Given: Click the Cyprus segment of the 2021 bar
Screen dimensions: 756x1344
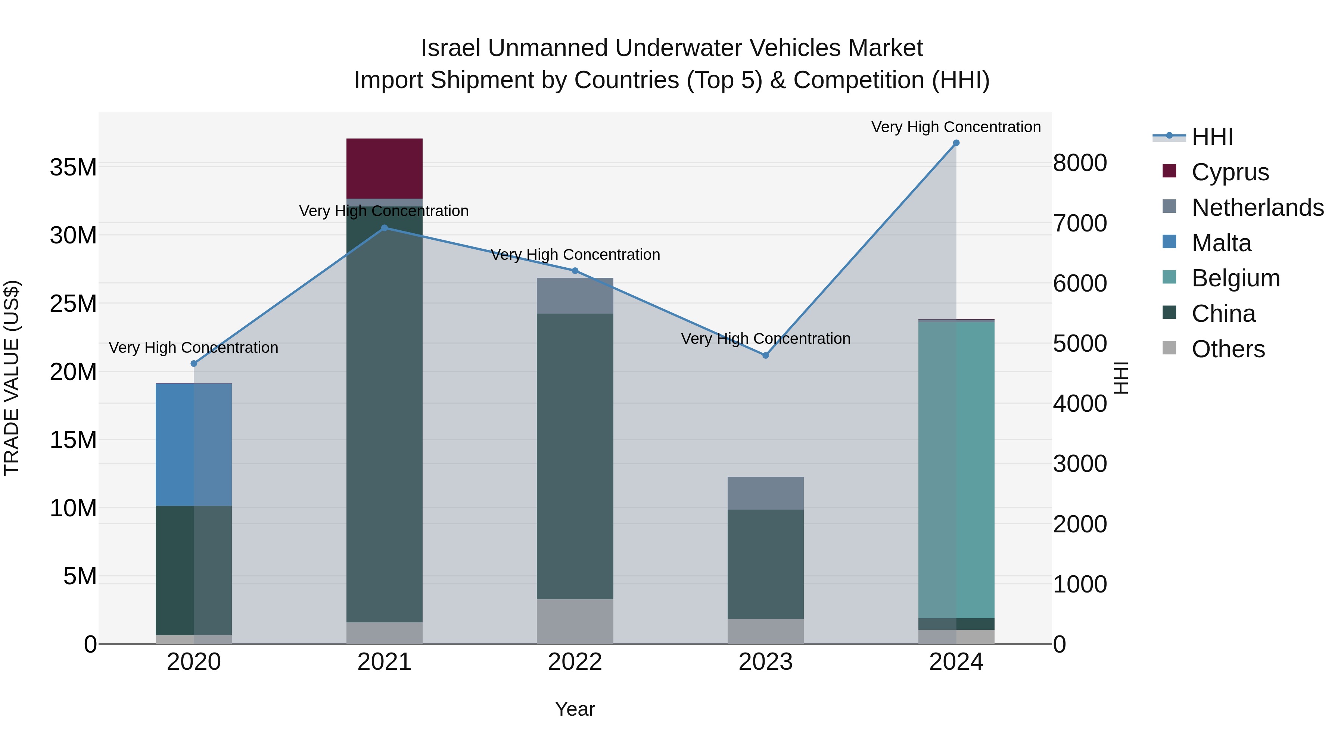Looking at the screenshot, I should [385, 168].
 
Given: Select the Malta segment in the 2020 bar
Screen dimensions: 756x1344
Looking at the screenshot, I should [193, 445].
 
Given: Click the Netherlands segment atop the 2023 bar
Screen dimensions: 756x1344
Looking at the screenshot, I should [765, 493].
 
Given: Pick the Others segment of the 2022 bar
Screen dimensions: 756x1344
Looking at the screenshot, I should [575, 621].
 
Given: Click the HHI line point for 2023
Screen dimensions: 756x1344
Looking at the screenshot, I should [765, 355].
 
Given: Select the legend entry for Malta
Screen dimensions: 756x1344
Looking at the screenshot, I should [1221, 243].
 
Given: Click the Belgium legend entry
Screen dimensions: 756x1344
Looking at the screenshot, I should [1235, 278].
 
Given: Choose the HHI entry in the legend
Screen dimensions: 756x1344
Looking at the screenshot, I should [1211, 137].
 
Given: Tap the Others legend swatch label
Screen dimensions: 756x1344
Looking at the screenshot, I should [1228, 349].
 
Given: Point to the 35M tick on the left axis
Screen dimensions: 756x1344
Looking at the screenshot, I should [73, 168].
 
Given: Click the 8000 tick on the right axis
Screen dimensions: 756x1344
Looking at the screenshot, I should [1079, 163].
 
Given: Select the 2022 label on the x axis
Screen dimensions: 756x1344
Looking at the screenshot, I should [575, 662].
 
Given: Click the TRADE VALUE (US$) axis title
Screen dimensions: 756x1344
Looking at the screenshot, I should [12, 378].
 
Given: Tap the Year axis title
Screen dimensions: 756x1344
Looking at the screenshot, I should [575, 709].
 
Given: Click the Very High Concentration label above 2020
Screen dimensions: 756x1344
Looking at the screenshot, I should [193, 348].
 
